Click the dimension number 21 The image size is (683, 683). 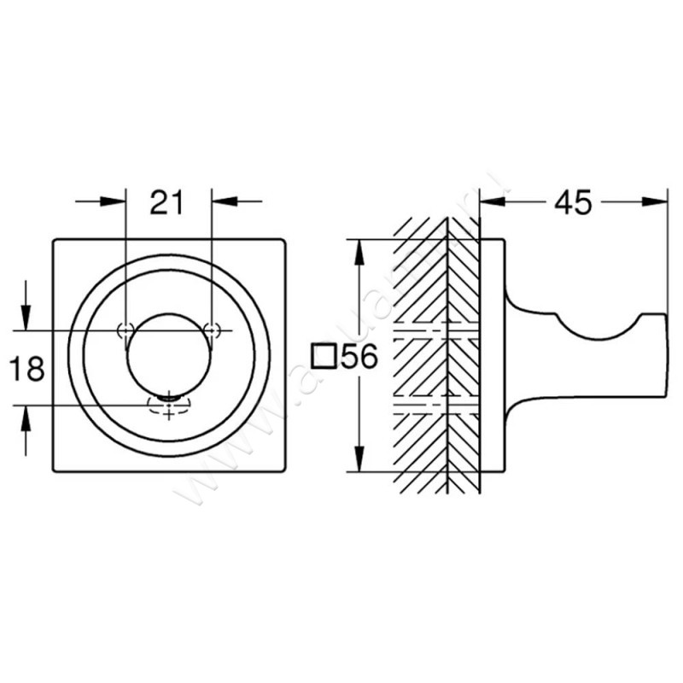168,202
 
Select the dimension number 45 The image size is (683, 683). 573,202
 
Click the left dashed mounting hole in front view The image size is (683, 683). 126,330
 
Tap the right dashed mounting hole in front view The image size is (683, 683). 212,330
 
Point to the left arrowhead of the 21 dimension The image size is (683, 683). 117,201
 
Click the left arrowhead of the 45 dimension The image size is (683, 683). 489,201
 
